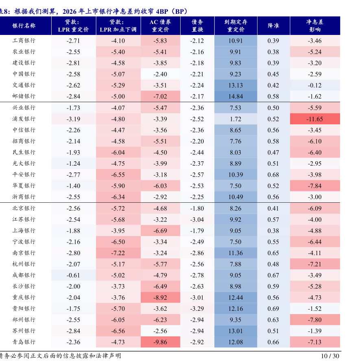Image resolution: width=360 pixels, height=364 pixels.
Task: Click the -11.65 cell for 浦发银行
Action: (315, 119)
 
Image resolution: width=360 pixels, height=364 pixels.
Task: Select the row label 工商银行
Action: (24, 41)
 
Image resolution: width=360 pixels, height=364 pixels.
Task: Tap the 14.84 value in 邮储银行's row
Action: (236, 97)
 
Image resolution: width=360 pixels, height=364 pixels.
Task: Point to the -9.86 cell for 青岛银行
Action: (160, 342)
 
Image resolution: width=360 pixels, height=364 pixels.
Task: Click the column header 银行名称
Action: (24, 26)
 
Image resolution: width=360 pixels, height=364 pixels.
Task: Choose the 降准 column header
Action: (273, 26)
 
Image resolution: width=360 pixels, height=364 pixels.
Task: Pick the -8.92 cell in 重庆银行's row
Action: (160, 297)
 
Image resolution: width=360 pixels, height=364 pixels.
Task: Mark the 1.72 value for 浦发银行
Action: (236, 119)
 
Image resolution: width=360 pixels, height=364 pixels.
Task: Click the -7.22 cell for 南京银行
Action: (118, 253)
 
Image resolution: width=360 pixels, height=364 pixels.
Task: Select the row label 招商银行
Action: (24, 141)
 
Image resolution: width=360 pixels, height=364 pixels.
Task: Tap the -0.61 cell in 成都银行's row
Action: (73, 275)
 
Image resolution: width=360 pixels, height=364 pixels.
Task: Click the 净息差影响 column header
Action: (315, 26)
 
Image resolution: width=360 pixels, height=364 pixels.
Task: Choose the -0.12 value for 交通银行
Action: (315, 85)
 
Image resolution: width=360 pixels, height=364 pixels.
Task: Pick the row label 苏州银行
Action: (24, 331)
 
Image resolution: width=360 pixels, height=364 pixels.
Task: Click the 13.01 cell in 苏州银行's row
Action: (236, 331)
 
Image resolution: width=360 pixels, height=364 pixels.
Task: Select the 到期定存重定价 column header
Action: (236, 26)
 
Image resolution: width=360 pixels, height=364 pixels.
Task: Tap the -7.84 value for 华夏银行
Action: (315, 186)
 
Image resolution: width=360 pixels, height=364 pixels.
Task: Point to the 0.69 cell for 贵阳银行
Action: (273, 308)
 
